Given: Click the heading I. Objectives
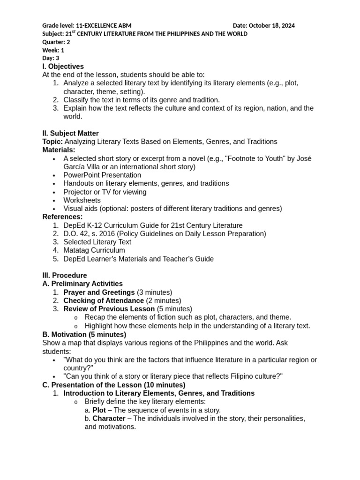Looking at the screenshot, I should click(x=63, y=67).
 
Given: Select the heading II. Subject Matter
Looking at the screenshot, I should click(x=70, y=134).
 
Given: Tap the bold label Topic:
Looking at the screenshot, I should click(x=52, y=142).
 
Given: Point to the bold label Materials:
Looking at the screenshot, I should click(x=59, y=150).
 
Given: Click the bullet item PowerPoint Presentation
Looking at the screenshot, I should click(x=102, y=175).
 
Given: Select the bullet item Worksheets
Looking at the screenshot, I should click(x=82, y=200).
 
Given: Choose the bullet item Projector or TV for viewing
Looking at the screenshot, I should click(x=105, y=192).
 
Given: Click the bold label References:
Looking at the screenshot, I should click(x=62, y=217).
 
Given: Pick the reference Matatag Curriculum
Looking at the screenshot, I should click(x=94, y=250).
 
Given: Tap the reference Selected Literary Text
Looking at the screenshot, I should click(x=97, y=242).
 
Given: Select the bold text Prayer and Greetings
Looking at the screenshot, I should click(x=99, y=292).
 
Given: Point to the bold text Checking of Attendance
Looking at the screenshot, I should click(x=104, y=300).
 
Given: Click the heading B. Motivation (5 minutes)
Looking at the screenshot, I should click(x=84, y=335).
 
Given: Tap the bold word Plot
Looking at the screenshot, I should click(x=99, y=410).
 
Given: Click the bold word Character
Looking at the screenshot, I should click(x=109, y=419).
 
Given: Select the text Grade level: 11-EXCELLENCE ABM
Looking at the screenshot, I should click(x=87, y=25).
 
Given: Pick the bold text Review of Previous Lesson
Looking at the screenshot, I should click(x=109, y=309).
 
